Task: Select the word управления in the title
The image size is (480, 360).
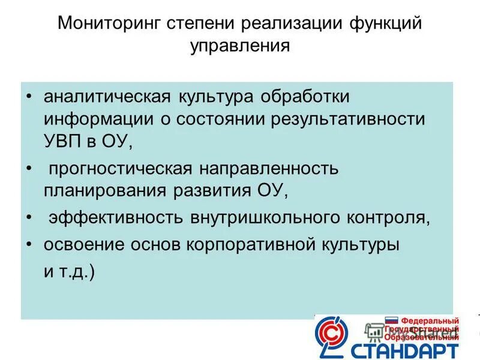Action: pos(240,46)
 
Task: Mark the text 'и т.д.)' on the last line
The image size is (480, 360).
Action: pos(69,271)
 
